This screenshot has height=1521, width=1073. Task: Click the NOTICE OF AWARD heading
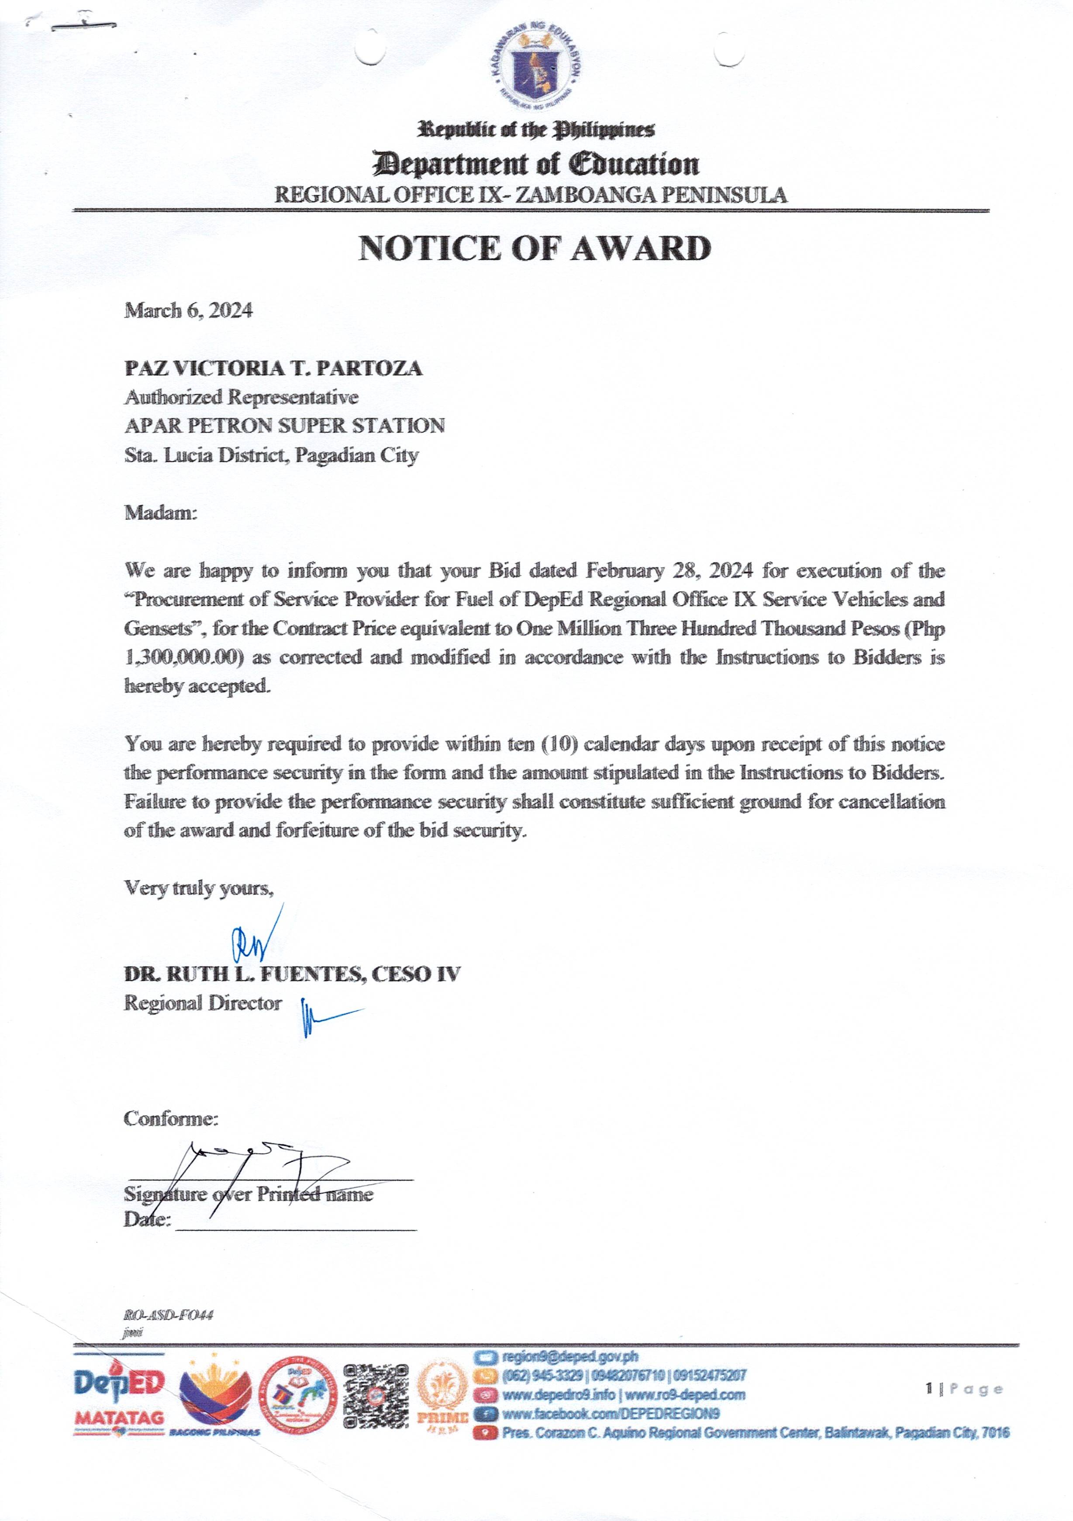pyautogui.click(x=535, y=248)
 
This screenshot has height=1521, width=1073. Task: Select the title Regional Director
pyautogui.click(x=203, y=1003)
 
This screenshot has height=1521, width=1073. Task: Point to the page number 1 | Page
pyautogui.click(x=964, y=1389)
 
